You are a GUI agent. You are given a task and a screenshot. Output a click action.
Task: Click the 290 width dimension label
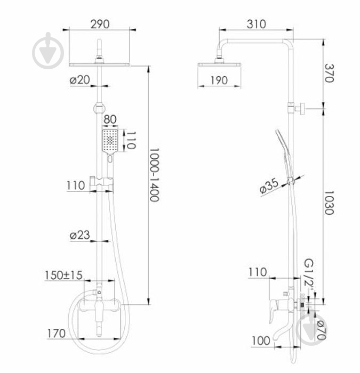tap(100, 25)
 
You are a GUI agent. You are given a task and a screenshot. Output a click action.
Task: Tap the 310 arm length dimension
tap(257, 25)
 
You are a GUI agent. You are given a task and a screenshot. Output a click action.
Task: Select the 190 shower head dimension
tap(219, 80)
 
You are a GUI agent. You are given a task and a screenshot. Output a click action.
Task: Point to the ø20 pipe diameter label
tap(80, 80)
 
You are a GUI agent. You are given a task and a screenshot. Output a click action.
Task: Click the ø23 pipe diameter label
tap(80, 235)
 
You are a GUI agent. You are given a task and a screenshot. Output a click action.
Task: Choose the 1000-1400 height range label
tap(154, 175)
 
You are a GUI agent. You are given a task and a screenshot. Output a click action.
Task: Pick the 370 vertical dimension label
tap(330, 73)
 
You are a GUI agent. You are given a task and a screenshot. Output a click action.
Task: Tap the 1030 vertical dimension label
tap(330, 202)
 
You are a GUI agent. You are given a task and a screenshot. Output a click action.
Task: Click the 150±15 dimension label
tap(63, 275)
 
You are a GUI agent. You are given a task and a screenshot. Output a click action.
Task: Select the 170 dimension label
tap(57, 334)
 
